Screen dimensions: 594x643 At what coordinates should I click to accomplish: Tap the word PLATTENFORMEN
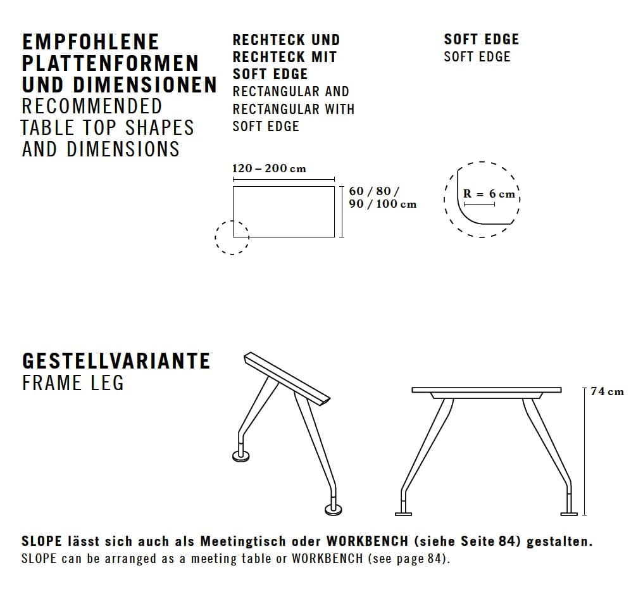110,63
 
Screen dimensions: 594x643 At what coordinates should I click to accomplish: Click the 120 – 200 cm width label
269,168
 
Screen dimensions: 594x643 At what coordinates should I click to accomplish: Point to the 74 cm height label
607,392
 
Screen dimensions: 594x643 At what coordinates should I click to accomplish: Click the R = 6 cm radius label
489,194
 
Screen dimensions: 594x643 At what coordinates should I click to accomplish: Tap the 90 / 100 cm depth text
382,204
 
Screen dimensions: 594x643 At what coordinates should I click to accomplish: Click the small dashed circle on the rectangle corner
232,237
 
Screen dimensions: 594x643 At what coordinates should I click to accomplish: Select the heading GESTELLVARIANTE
116,361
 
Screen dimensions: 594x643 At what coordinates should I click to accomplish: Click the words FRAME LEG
73,383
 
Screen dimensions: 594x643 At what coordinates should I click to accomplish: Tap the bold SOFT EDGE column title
481,39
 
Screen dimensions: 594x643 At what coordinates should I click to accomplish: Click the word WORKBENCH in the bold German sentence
366,542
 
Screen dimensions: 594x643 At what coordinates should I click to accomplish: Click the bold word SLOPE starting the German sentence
42,542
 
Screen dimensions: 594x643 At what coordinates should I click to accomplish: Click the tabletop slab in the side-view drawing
486,389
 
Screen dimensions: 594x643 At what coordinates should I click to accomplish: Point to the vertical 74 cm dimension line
584,451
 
